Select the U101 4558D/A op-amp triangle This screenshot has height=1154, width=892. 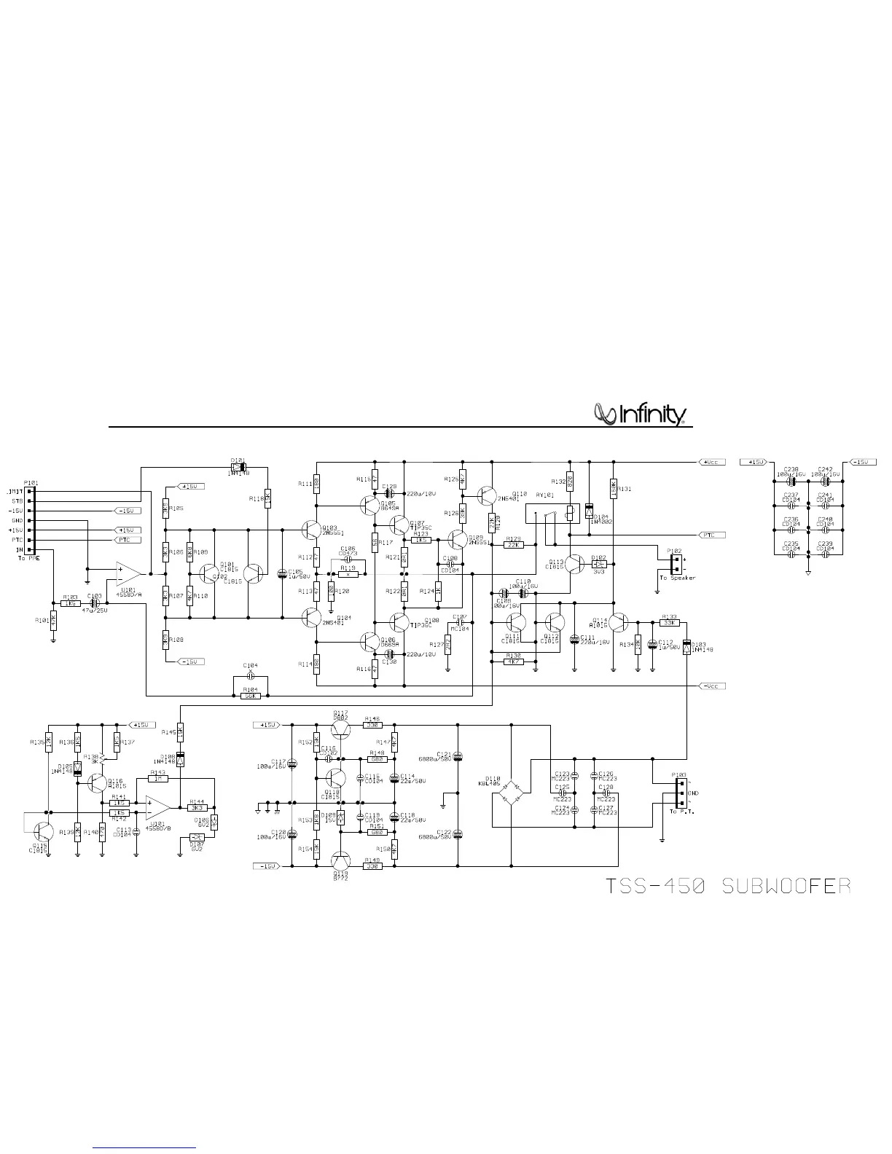(128, 573)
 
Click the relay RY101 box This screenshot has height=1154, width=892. (552, 523)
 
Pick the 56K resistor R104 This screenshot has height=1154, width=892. (250, 696)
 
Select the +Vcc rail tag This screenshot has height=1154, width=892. (711, 462)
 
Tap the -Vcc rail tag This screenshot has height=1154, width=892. (711, 686)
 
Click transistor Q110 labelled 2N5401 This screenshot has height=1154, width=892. (488, 496)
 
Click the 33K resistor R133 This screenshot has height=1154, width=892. (669, 623)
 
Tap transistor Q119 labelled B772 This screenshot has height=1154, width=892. (340, 861)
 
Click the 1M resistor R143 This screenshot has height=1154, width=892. (157, 779)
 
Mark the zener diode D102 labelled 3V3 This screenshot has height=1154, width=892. (599, 564)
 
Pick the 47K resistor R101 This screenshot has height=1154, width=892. (53, 620)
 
